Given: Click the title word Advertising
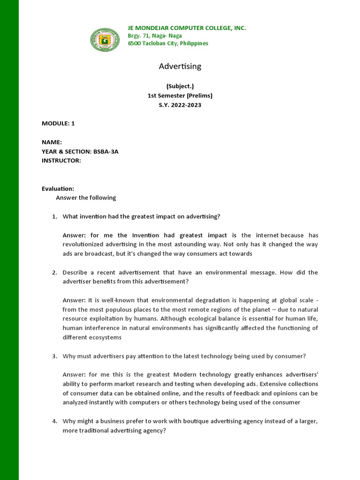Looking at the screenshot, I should (x=180, y=67).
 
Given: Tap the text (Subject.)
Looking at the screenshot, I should (x=180, y=86).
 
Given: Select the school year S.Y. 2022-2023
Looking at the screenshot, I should (x=180, y=105).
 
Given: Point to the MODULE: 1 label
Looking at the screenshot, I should (x=58, y=124).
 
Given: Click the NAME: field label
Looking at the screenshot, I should (x=52, y=142).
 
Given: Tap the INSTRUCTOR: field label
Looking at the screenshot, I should (x=61, y=161).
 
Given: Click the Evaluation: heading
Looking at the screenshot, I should (x=58, y=188).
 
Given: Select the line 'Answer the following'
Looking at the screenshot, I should (x=86, y=198).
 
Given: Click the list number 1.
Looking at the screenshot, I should (x=54, y=217).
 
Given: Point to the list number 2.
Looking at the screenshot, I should (x=54, y=272).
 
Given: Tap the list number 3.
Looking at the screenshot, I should (x=54, y=356).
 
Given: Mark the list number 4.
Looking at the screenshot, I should (x=54, y=421).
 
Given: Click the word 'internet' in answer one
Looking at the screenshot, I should (x=266, y=235).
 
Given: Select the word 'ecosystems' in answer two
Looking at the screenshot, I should (x=106, y=337).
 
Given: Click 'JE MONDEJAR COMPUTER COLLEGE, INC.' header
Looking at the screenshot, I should (x=187, y=28).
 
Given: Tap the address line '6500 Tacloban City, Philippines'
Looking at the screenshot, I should (x=168, y=44).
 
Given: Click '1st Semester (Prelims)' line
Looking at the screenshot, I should (x=180, y=96).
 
